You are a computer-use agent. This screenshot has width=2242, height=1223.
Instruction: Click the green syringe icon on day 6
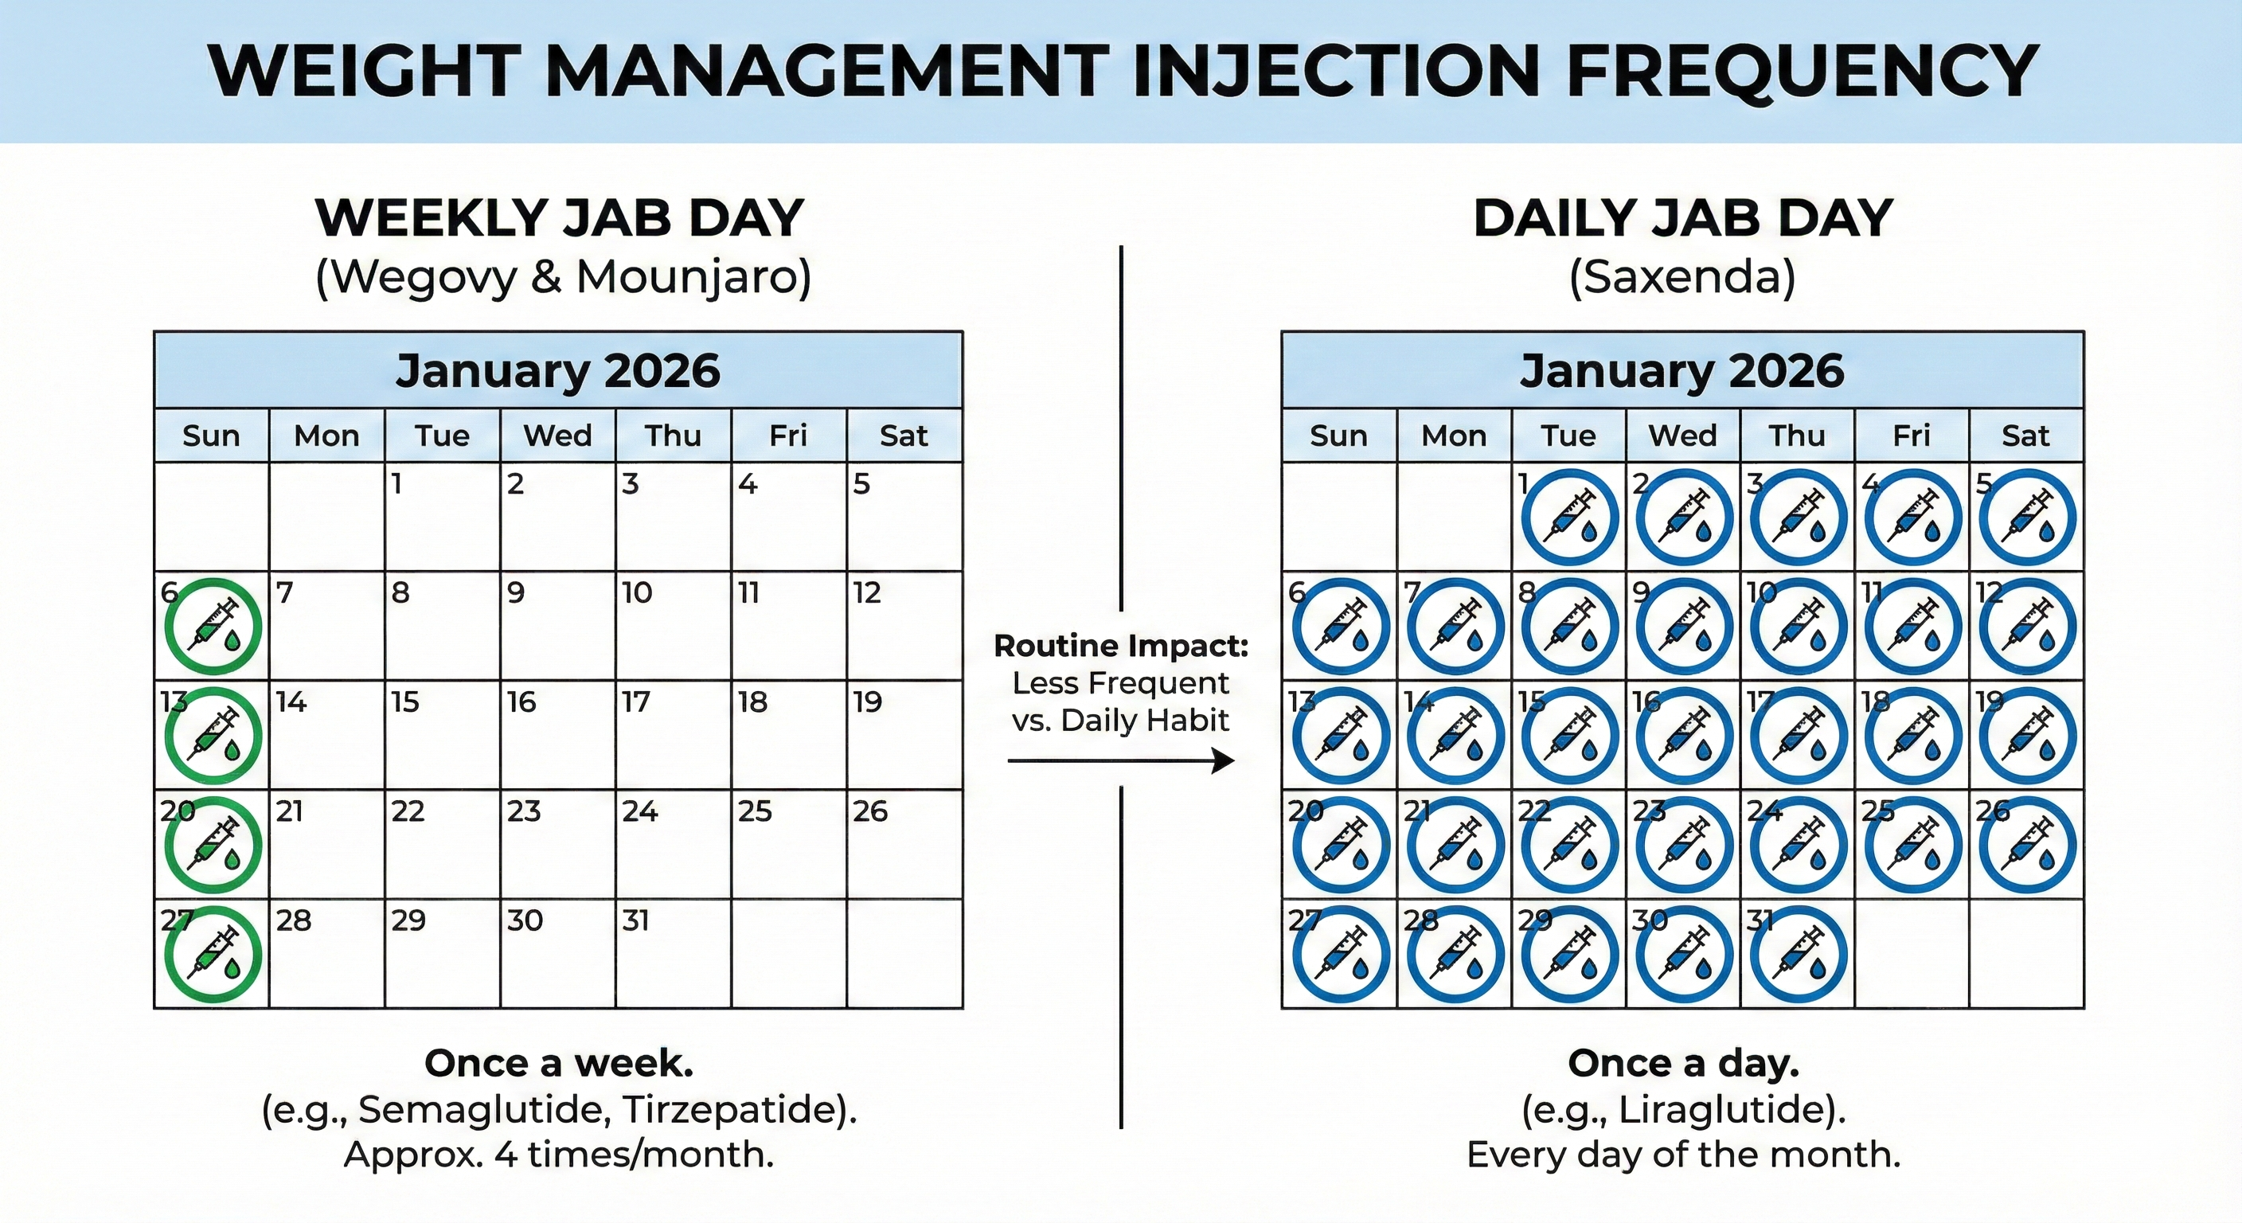213,627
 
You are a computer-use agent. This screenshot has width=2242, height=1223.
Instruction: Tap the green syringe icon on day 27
213,955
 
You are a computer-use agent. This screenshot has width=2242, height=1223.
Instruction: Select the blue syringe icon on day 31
1798,955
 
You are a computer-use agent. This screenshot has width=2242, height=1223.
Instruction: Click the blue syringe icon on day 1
1570,518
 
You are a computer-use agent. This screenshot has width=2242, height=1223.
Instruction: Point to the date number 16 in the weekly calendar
521,701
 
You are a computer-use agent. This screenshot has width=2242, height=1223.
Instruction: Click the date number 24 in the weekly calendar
639,811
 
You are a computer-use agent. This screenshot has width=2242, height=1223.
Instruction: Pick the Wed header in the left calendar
557,436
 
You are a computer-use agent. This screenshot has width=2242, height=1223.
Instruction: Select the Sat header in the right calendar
2025,436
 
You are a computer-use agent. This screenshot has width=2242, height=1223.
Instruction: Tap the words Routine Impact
1121,646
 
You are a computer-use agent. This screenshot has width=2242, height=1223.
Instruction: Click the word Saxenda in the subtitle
1682,278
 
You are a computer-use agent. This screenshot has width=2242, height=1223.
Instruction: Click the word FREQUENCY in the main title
1802,72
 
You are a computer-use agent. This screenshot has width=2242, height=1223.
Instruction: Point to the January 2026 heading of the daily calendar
1681,371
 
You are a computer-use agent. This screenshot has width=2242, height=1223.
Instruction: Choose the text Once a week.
559,1063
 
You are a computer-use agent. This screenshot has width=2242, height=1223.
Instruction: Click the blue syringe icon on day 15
1570,737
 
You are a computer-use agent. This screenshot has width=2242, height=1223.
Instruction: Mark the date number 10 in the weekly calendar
636,592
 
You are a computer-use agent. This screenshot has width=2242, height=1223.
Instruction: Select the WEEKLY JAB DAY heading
559,217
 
